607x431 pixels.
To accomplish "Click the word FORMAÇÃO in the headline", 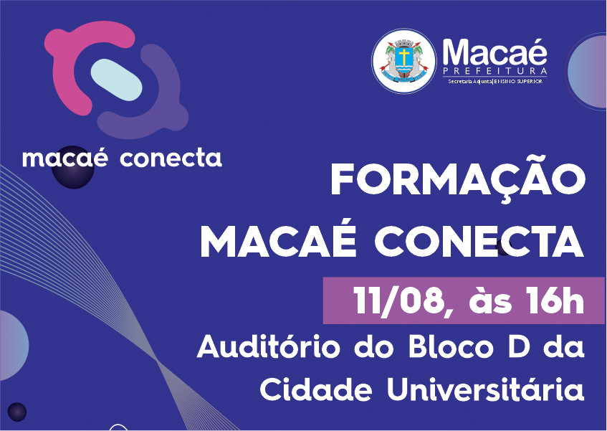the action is [458, 179].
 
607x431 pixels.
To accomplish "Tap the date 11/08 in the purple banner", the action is [398, 301].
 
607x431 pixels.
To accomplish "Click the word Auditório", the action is [269, 346].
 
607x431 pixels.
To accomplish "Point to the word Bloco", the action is [451, 346].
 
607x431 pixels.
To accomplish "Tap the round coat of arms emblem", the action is [403, 61].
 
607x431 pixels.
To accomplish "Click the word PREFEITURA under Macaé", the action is [495, 71].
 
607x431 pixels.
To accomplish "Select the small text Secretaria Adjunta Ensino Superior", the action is [495, 81].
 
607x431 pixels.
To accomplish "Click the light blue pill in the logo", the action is [117, 80].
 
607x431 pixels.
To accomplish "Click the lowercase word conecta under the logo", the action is [171, 158].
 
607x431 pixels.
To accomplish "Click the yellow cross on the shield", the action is [403, 57].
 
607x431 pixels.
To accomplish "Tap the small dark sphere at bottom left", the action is [17, 411].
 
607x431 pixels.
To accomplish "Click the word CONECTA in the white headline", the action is [479, 241].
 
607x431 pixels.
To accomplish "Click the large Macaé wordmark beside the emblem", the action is [494, 52].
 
